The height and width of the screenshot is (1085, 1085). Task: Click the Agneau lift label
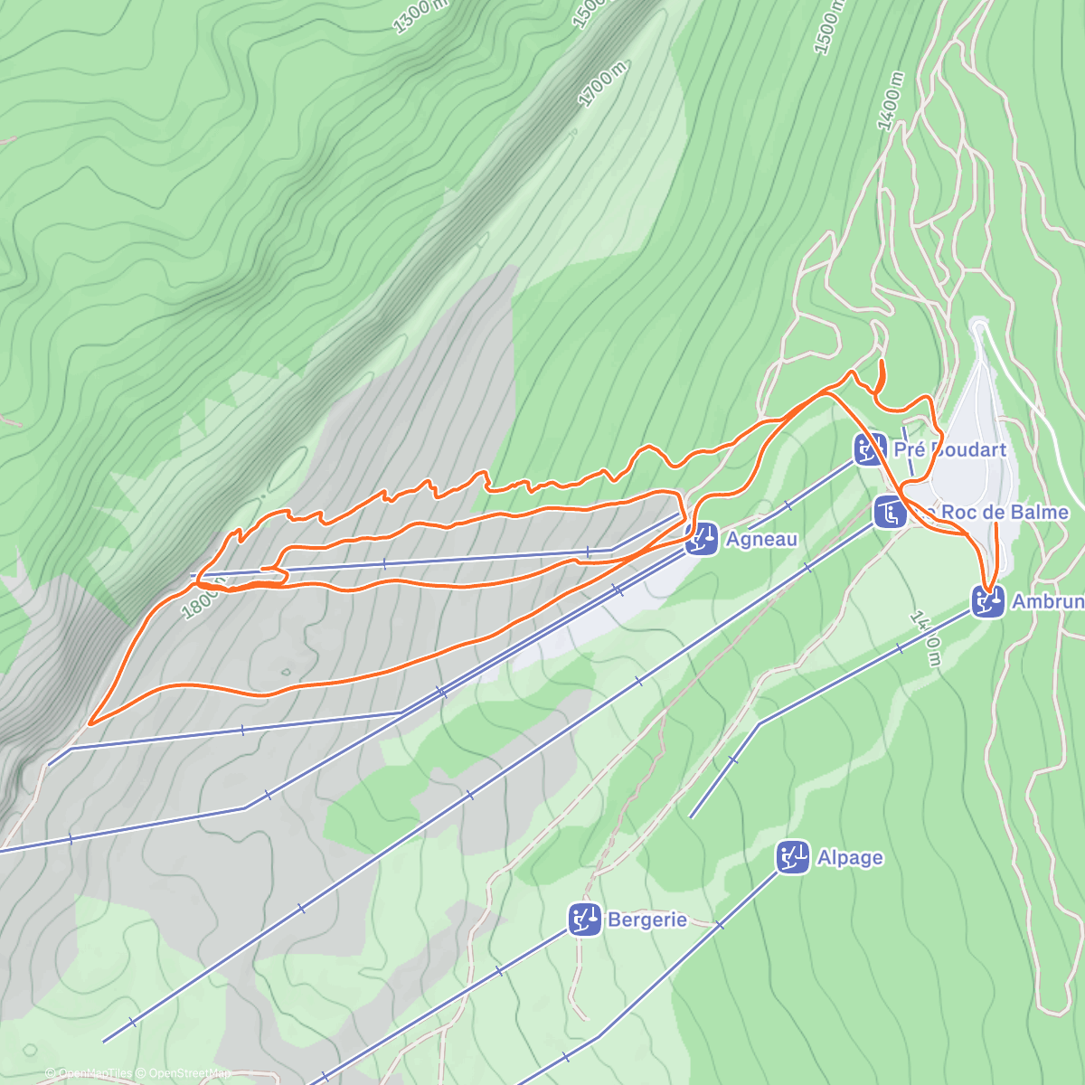[761, 540]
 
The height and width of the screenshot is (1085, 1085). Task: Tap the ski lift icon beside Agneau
[702, 540]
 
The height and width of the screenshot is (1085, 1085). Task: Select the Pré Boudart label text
[949, 449]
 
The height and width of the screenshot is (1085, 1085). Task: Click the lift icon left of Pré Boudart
[870, 448]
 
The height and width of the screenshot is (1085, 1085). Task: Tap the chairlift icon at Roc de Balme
[890, 512]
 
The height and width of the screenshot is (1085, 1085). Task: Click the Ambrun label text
[1047, 601]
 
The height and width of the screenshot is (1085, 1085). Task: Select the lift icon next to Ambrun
[988, 601]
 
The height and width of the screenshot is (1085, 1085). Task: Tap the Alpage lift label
[850, 857]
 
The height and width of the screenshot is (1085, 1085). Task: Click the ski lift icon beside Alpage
[793, 857]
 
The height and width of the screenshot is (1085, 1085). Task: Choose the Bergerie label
[647, 920]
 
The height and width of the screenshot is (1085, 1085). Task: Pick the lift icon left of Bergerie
[585, 920]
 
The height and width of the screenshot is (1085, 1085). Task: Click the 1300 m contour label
[420, 15]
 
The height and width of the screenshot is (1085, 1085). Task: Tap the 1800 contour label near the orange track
[201, 599]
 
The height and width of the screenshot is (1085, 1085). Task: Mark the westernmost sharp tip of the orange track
[90, 723]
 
